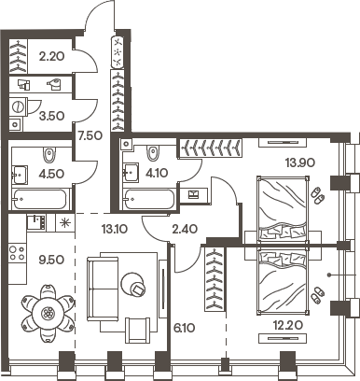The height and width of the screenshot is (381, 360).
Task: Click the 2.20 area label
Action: (x=50, y=57)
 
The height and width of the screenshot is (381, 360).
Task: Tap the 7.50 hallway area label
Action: (x=90, y=135)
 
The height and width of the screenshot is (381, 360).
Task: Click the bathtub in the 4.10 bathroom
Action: (x=149, y=200)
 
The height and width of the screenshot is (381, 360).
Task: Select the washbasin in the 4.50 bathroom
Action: (x=19, y=173)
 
